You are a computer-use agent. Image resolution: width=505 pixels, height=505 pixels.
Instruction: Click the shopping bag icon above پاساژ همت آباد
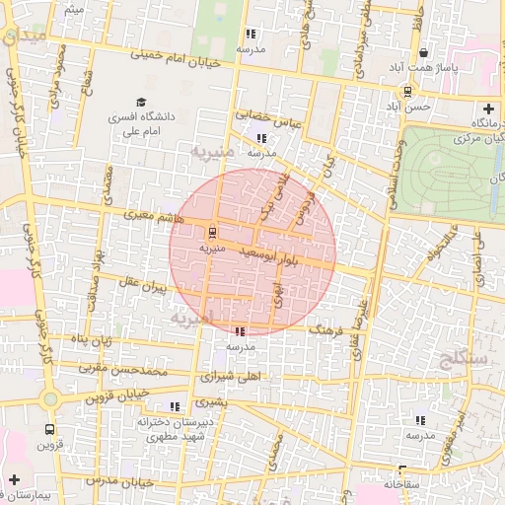[425, 53]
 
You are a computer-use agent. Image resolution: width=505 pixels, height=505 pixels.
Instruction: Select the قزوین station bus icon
[49, 430]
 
